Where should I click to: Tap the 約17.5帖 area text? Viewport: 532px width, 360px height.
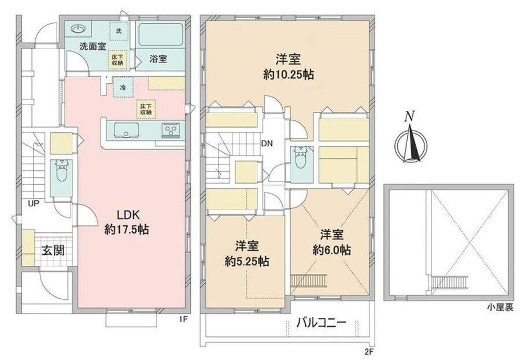127,230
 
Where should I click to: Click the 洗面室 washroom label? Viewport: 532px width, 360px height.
93,46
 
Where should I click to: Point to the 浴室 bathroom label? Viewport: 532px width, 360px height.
158,58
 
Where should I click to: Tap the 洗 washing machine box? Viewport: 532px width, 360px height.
119,31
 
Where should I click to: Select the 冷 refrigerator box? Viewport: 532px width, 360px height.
123,87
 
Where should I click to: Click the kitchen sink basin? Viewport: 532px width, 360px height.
126,129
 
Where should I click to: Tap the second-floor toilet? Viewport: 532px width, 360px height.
301,158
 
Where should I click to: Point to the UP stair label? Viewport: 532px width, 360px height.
34,204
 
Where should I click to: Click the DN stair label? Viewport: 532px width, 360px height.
267,143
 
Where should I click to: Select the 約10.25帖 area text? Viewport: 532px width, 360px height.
289,74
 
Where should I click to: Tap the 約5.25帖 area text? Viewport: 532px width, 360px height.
247,261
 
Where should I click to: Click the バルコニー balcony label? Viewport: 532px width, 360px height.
322,322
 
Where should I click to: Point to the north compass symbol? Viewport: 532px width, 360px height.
411,140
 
